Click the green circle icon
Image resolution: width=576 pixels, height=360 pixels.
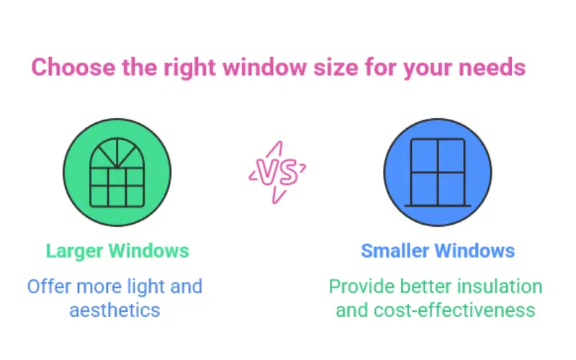click(x=117, y=174)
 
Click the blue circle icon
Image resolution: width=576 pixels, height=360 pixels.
click(x=437, y=174)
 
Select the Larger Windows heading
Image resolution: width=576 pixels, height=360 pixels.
click(x=117, y=251)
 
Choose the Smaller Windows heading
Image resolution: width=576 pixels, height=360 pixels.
click(x=438, y=251)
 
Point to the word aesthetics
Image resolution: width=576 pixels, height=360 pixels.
click(x=115, y=310)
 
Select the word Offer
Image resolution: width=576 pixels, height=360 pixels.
click(x=48, y=287)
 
